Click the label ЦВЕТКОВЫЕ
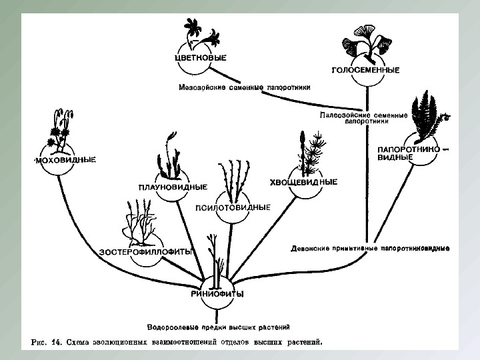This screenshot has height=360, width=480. [199, 58]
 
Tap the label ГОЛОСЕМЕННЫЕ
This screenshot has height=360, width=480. [365, 69]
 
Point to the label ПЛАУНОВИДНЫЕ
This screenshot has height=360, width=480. [173, 187]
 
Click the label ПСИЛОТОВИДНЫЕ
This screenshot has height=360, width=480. [233, 207]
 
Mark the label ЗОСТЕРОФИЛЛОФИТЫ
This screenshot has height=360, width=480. [146, 251]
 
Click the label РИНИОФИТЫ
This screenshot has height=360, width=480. [217, 294]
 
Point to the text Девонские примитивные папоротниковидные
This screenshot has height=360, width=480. [371, 249]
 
